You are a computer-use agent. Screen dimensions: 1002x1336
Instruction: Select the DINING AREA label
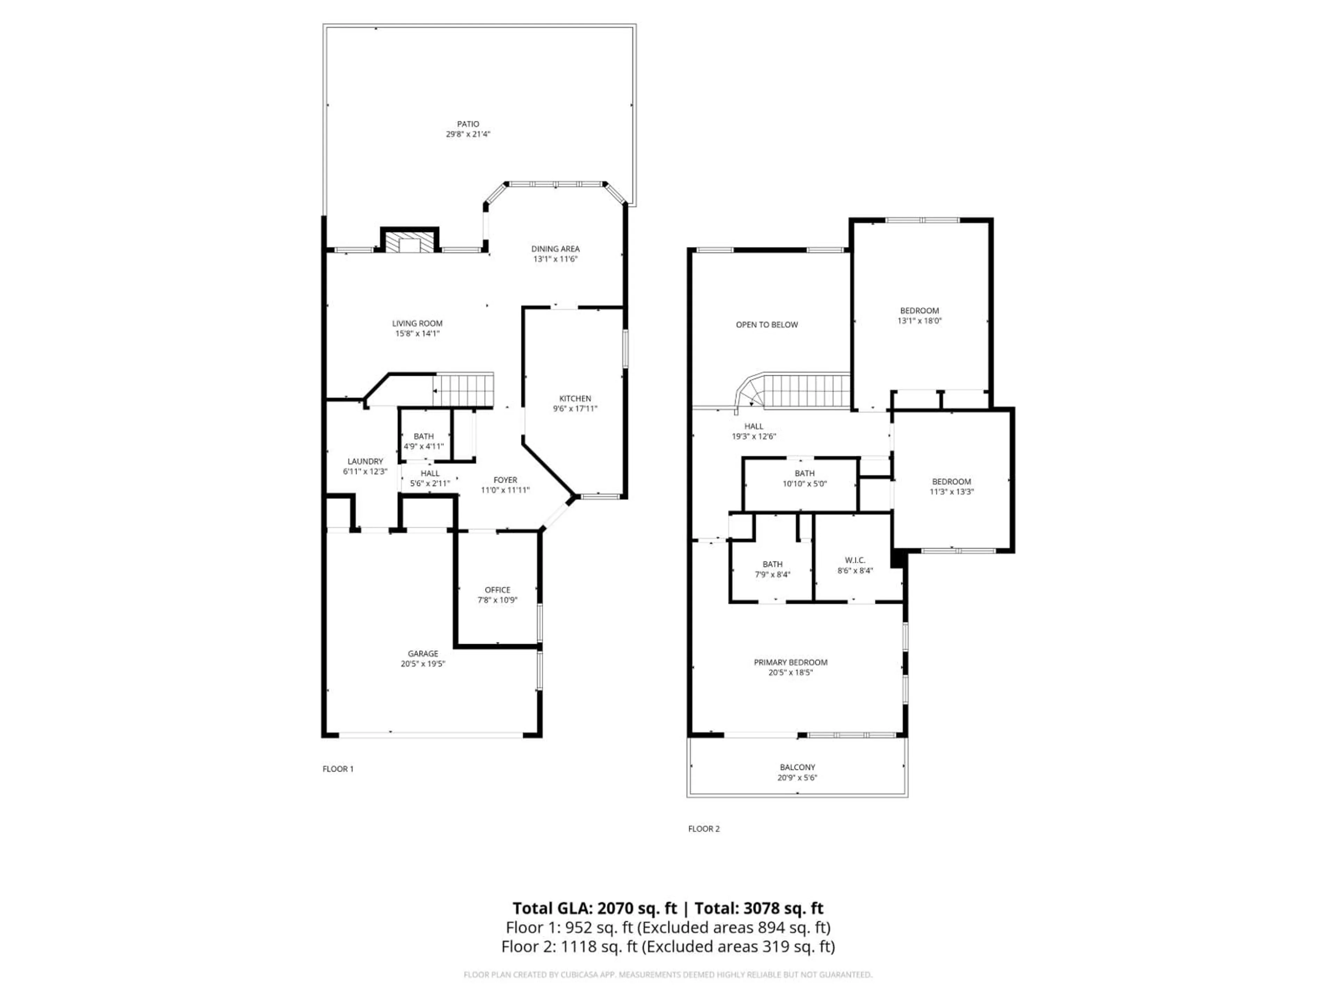tap(555, 249)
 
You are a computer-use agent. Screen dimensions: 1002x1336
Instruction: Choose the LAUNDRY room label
tap(365, 461)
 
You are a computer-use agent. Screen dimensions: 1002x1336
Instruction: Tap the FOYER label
tap(505, 480)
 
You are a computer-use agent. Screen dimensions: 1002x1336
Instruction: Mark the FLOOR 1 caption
tap(337, 769)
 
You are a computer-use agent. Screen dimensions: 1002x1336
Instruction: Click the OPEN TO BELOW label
tap(766, 325)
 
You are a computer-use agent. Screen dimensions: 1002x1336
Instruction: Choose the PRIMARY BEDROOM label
tap(790, 662)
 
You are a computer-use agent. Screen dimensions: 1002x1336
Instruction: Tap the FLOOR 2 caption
tap(703, 829)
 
